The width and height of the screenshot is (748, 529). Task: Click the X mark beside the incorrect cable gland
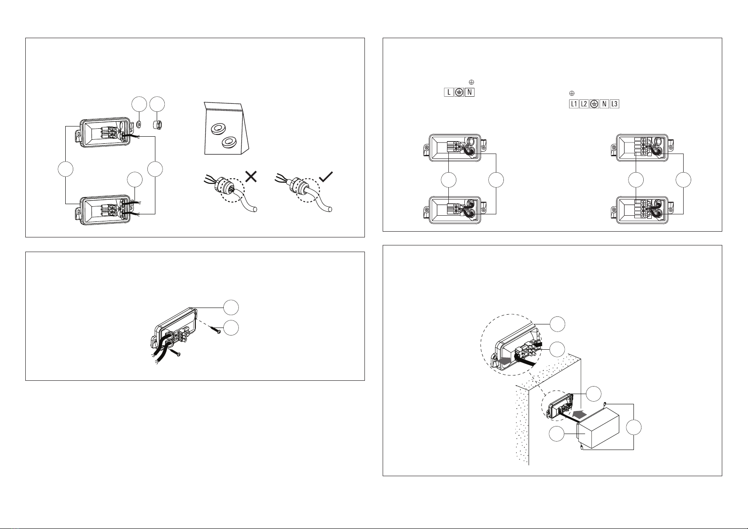250,177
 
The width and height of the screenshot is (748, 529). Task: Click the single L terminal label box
449,92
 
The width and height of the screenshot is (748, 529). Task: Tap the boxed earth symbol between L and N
459,92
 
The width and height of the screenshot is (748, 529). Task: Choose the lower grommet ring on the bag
229,143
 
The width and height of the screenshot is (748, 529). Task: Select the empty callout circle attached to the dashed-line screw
230,328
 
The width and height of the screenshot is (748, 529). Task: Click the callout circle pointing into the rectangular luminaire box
557,433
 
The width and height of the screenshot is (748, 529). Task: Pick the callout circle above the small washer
139,106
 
